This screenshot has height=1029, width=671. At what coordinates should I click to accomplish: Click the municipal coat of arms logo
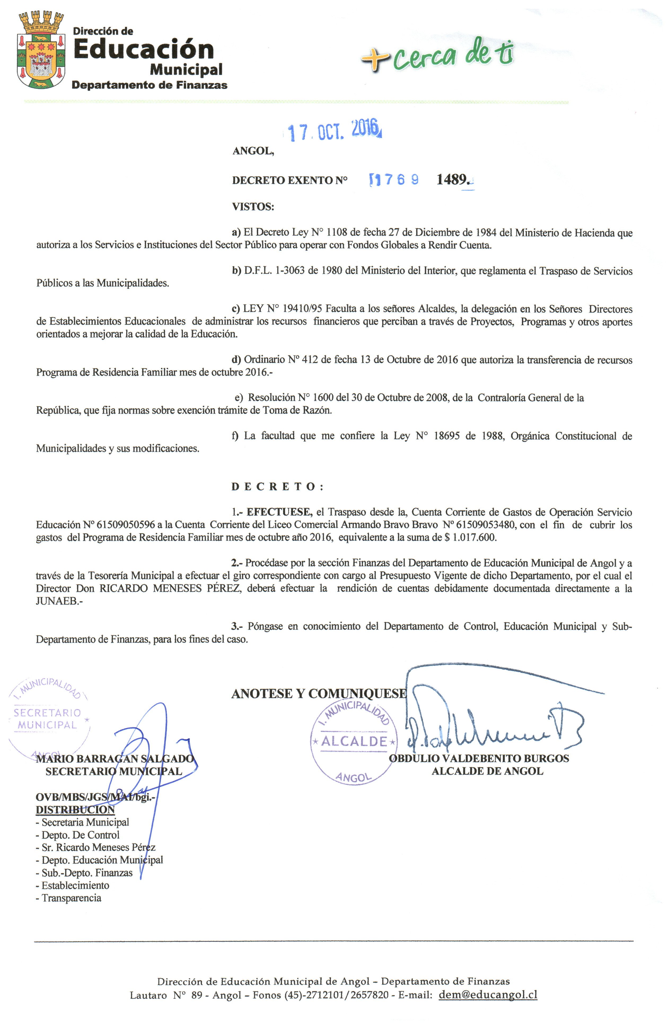tap(41, 51)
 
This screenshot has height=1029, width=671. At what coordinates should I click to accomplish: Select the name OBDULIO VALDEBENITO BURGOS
tap(479, 758)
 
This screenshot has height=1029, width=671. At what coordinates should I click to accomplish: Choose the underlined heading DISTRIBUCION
tap(75, 810)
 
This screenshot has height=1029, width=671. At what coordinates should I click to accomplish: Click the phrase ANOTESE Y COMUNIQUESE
tap(319, 694)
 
